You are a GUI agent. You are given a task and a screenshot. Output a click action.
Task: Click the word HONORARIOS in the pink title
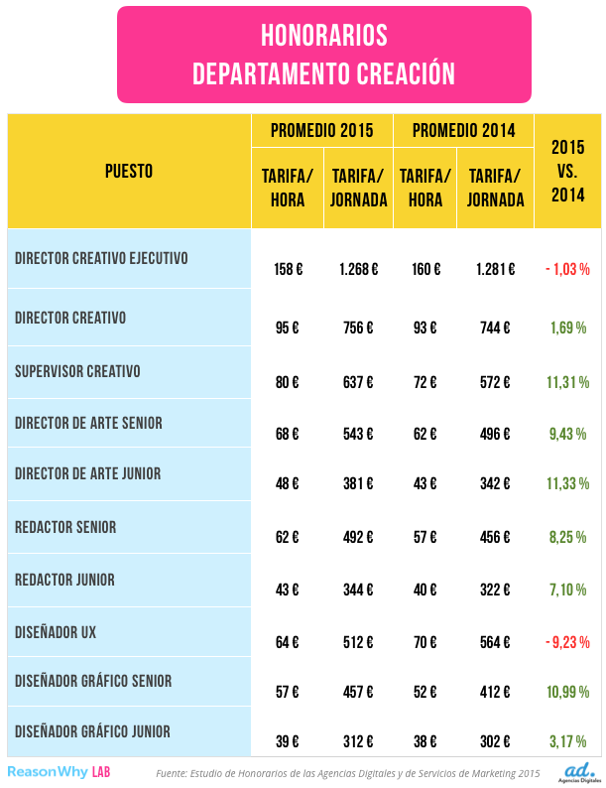[x=323, y=37]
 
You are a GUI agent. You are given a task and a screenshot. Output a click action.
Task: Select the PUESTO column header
[x=129, y=171]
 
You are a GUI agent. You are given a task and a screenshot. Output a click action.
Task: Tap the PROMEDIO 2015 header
[x=322, y=130]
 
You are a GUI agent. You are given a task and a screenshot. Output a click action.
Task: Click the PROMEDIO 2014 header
[x=463, y=130]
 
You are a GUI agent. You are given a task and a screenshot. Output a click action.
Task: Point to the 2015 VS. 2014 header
[x=567, y=171]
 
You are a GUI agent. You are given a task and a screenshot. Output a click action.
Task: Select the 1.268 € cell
[x=358, y=268]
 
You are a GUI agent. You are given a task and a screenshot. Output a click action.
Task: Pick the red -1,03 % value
[x=567, y=268]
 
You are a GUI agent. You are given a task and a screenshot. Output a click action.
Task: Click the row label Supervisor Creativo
[x=77, y=371]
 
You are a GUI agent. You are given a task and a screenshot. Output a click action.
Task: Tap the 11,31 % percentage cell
[x=567, y=381]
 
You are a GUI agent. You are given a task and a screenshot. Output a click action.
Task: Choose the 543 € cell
[x=358, y=433]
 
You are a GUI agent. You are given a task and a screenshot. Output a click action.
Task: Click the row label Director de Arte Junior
[x=88, y=473]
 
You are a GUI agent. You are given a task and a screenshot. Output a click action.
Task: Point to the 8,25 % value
[x=567, y=536]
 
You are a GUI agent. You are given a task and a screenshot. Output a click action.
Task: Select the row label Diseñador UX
[x=56, y=630]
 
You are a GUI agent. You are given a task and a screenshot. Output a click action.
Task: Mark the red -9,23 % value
[x=567, y=640]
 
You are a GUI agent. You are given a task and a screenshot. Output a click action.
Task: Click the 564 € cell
[x=495, y=640]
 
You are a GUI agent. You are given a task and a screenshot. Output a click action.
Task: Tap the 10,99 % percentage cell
[x=567, y=691]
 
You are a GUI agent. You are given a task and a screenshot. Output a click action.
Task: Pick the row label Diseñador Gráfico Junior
[x=93, y=731]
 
